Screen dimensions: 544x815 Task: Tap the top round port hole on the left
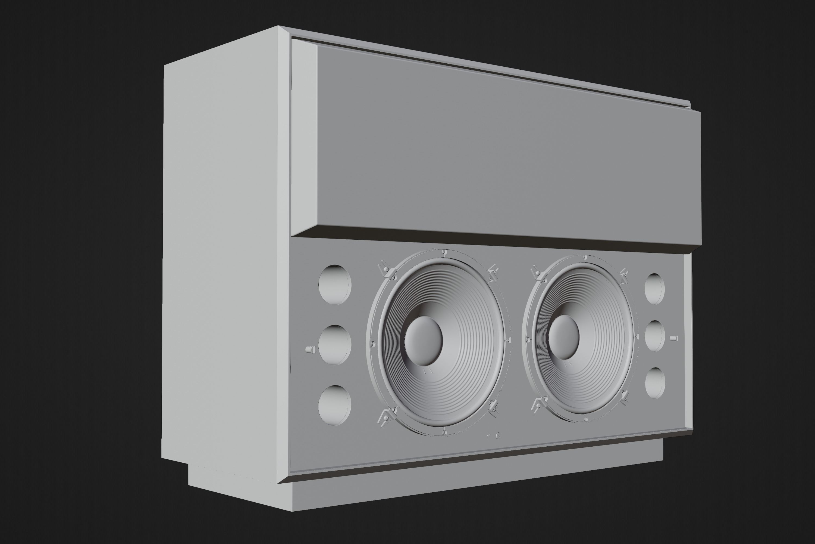(x=335, y=285)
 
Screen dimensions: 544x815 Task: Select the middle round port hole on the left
(x=335, y=345)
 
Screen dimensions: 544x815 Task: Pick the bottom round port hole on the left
(x=335, y=404)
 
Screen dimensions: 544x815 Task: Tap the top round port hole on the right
(x=654, y=289)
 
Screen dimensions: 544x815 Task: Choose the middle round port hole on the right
(x=654, y=336)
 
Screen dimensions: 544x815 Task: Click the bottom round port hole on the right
(x=655, y=383)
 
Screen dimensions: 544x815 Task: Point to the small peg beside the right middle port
(x=674, y=338)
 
